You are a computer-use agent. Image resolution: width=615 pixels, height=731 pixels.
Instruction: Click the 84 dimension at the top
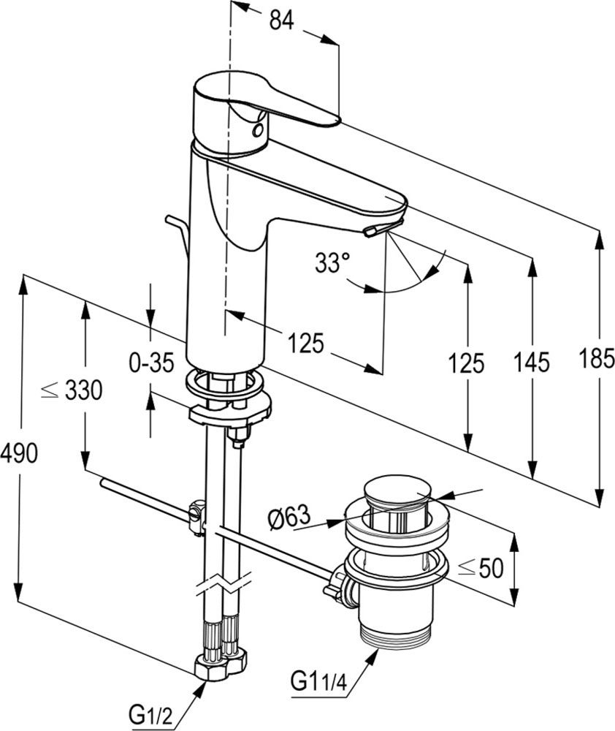282,20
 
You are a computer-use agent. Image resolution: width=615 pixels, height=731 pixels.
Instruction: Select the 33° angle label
332,262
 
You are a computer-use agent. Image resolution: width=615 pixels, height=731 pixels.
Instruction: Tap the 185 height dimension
597,358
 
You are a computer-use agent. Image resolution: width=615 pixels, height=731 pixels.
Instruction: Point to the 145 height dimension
532,363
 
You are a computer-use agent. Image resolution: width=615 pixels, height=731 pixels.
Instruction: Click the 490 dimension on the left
19,453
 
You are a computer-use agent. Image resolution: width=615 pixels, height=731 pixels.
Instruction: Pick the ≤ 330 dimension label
72,390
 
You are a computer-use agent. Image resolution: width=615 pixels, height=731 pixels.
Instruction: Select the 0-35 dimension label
151,363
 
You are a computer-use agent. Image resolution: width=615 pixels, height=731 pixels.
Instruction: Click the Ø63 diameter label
289,517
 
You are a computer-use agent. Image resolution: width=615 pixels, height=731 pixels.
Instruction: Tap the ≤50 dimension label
481,568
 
